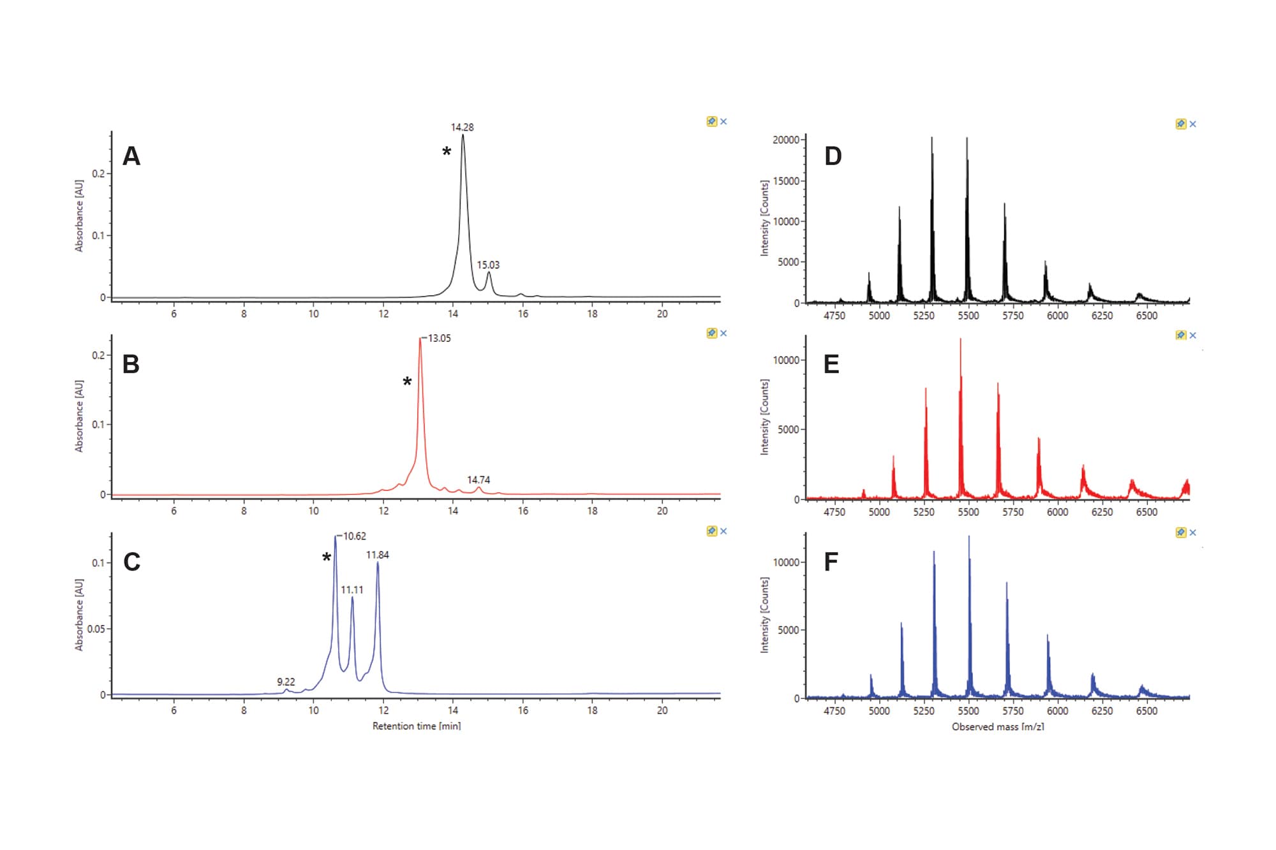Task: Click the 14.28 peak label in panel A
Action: click(x=462, y=128)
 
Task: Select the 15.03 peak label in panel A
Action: click(x=488, y=265)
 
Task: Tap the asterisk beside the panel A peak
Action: click(x=447, y=152)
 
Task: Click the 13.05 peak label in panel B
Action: click(x=439, y=338)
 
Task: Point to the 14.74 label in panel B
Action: click(x=478, y=480)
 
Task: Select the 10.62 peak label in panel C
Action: click(x=354, y=536)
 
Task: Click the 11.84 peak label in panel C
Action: click(x=377, y=555)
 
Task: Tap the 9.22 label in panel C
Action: click(x=286, y=682)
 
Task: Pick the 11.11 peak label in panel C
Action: click(x=352, y=590)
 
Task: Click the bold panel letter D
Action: click(x=833, y=156)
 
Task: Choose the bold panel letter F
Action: click(x=831, y=562)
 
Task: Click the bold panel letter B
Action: click(x=131, y=364)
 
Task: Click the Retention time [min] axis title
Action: click(x=417, y=726)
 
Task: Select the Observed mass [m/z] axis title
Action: click(x=998, y=726)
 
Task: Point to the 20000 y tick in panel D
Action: click(x=785, y=140)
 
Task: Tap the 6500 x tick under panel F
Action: click(x=1146, y=711)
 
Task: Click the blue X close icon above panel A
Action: click(x=723, y=121)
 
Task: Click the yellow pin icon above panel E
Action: click(x=1180, y=335)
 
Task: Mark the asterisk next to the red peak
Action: click(x=407, y=382)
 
